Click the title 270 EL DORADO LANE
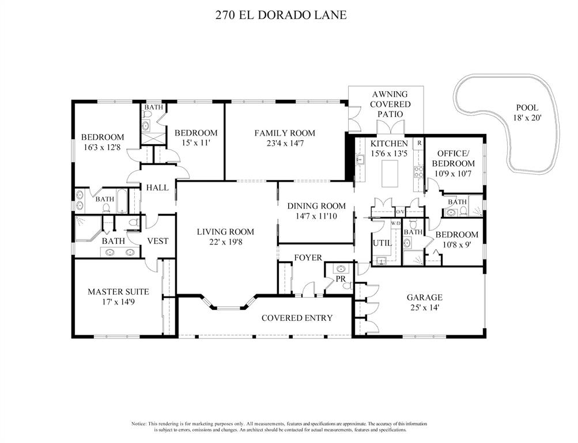[x=281, y=14]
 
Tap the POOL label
[x=527, y=107]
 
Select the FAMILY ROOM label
[x=285, y=133]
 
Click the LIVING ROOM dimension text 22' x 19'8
[x=225, y=243]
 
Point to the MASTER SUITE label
[x=118, y=292]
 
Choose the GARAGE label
[x=424, y=298]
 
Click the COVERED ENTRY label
[x=297, y=318]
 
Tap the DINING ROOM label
[x=316, y=206]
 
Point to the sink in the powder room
[x=340, y=269]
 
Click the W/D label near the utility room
[x=396, y=223]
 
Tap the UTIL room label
[x=382, y=243]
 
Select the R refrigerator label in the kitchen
[x=419, y=142]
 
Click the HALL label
[x=157, y=187]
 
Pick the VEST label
[x=157, y=241]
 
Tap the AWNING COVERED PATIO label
[x=390, y=104]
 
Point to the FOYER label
[x=308, y=258]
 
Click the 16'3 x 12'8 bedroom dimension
[x=103, y=147]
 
